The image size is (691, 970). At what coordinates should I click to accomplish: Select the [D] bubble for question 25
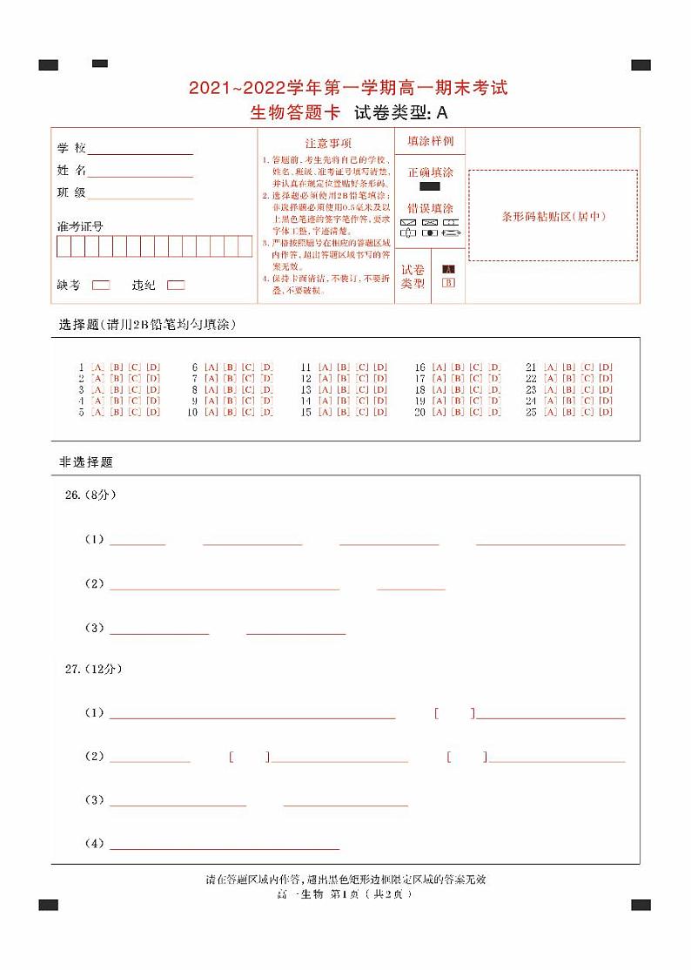tap(606, 412)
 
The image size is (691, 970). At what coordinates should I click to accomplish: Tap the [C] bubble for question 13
tap(363, 389)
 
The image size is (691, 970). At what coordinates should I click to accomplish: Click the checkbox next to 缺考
tap(101, 285)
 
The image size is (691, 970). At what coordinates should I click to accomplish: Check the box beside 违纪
tap(176, 285)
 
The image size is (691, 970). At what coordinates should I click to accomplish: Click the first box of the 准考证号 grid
tap(64, 246)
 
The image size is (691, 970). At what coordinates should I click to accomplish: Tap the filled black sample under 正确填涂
tap(430, 186)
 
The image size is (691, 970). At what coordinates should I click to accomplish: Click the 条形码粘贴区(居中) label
tap(553, 216)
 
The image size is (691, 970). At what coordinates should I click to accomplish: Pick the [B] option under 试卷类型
tap(448, 282)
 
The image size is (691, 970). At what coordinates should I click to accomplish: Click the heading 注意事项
tap(328, 143)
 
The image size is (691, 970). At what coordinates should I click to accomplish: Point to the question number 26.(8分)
tap(91, 495)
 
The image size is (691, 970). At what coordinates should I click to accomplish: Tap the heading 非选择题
tap(86, 462)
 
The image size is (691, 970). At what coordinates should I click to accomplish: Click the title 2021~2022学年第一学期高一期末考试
tap(348, 88)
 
